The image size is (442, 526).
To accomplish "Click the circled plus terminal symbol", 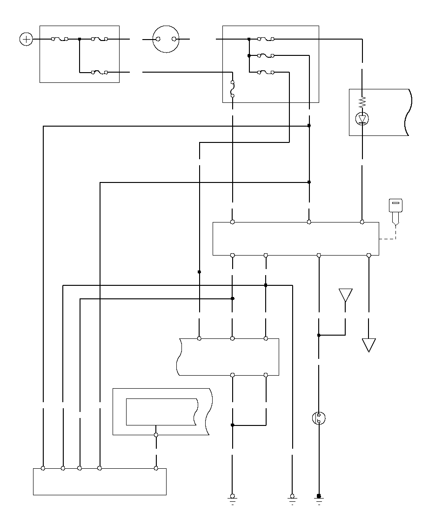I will pos(27,39).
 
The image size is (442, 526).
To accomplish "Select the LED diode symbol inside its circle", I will pos(362,119).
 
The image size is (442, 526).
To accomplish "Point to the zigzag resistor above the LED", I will pos(362,102).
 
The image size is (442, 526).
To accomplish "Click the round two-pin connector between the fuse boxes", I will pos(166,39).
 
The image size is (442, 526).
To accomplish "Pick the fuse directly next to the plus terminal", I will pos(60,39).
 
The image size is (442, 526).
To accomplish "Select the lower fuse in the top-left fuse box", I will pos(100,72).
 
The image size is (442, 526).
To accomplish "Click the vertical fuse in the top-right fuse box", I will pos(232,88).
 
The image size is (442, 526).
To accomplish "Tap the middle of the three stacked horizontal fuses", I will pos(266,55).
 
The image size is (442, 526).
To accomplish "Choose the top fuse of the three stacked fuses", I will pos(266,39).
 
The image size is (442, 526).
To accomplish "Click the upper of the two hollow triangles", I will pos(345,295).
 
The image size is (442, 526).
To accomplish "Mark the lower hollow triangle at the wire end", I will pos(368,345).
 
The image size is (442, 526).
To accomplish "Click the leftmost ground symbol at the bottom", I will pos(232,499).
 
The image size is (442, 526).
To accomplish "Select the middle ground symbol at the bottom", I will pos(292,499).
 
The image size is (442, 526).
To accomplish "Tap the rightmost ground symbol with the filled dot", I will pos(319,499).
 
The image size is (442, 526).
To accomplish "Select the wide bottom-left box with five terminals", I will pos(100,481).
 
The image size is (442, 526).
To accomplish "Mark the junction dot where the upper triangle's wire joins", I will pos(319,335).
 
